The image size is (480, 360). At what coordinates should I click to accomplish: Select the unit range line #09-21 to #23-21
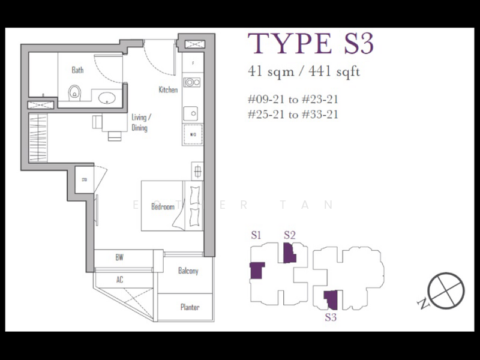coord(297,99)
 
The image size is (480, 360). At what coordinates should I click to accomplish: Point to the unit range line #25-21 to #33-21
coord(297,114)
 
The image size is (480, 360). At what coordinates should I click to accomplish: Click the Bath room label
coord(77,70)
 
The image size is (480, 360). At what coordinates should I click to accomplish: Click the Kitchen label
coord(168,90)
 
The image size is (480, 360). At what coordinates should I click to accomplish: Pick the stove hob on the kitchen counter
coord(192,82)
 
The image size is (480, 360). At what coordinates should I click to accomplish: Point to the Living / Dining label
coord(140,122)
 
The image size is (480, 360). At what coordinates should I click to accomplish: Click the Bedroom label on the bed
coord(163,207)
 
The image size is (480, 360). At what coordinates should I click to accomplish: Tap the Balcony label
coord(188,271)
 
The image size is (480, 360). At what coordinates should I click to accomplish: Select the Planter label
coord(190,307)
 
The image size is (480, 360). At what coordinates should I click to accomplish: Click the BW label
coord(119,257)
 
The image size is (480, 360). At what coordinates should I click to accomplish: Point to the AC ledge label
coord(119,280)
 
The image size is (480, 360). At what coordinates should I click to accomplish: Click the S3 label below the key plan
coord(331,317)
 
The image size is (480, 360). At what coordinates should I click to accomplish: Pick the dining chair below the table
coord(114,134)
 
